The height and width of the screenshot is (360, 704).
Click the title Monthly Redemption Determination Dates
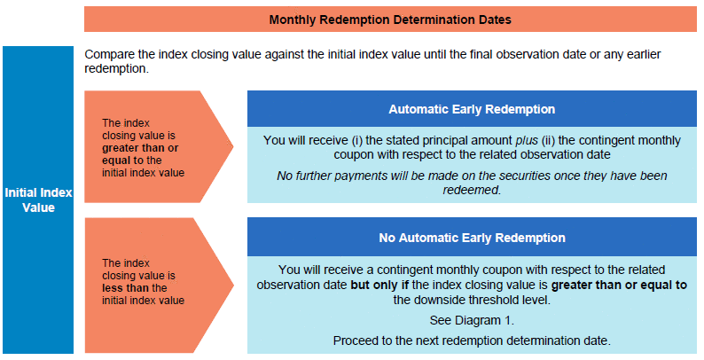(390, 20)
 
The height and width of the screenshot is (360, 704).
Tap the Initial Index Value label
(38, 200)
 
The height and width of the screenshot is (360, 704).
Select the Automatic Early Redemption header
(472, 109)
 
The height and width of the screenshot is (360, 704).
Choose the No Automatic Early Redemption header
(472, 238)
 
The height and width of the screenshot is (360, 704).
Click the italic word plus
(526, 140)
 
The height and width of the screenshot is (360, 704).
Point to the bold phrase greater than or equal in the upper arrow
(140, 154)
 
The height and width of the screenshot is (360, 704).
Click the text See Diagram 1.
(472, 320)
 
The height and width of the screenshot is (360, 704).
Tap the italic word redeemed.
(472, 190)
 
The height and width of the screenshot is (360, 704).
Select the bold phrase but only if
(379, 285)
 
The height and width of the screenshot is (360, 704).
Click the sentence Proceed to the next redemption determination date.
(472, 340)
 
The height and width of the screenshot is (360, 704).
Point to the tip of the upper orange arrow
(233, 146)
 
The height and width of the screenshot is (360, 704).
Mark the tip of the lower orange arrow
(233, 285)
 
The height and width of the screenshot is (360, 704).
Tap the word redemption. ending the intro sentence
(116, 69)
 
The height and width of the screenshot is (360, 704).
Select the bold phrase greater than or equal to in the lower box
(619, 285)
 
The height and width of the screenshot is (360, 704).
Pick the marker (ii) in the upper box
(547, 140)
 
